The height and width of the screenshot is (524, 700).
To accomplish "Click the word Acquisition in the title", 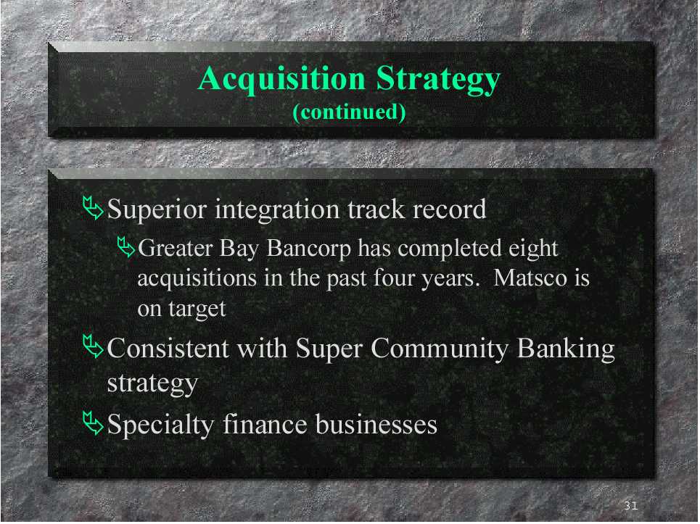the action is point(281,79).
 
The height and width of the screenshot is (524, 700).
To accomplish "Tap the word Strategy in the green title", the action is point(438,80).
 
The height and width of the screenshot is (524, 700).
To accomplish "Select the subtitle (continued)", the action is point(349,112).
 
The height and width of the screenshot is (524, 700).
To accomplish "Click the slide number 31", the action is point(630,505).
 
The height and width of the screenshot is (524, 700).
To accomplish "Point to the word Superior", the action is point(157,209).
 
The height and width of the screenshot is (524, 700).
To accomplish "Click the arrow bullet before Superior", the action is point(93,208).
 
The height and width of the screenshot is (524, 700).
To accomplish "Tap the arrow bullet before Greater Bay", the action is point(126,247).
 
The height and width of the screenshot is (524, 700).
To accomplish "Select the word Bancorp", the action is point(308,249).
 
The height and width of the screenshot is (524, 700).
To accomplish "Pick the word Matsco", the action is point(530,278).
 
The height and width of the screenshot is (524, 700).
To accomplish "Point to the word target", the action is point(197,309).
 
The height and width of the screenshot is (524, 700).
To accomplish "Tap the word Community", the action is point(440,349).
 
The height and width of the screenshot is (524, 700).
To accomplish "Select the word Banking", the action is point(566,349).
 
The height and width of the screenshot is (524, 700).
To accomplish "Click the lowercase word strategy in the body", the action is point(152,383).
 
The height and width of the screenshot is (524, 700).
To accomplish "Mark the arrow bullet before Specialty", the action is point(93,423).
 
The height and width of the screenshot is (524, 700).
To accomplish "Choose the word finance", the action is point(265,424).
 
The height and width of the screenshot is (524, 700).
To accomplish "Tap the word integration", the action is point(277,210).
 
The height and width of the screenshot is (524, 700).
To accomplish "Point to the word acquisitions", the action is point(197,279).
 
